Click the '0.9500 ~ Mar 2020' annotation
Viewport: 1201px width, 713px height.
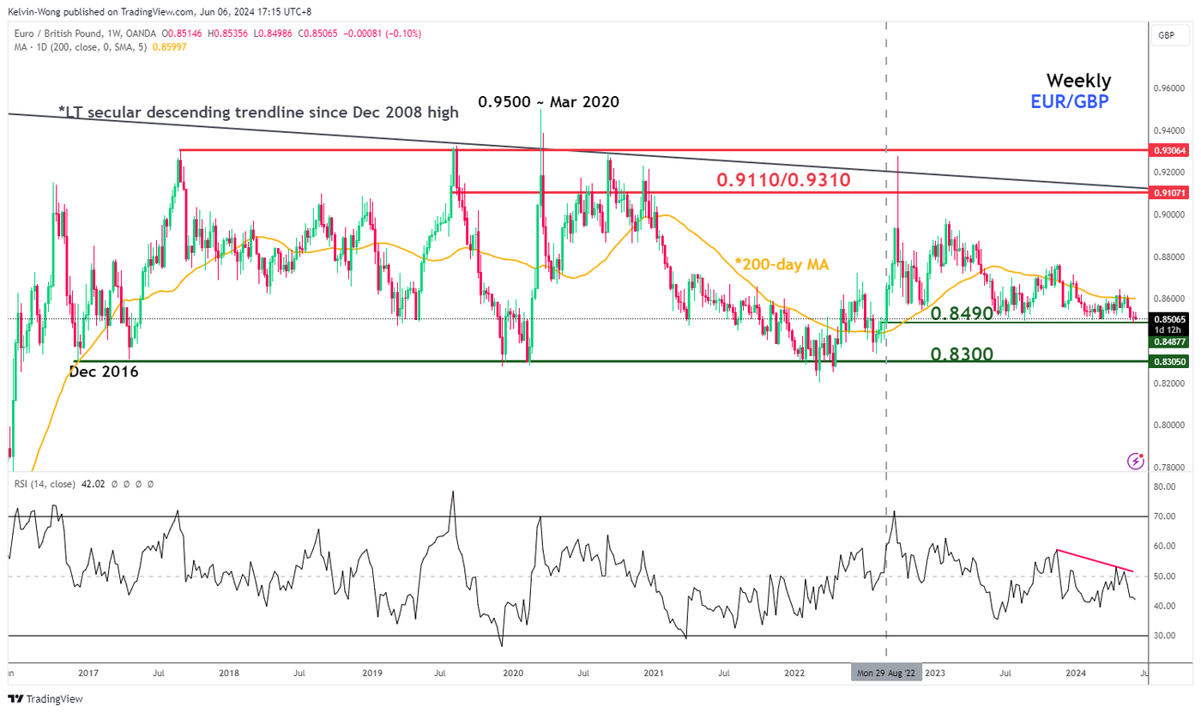click(x=548, y=101)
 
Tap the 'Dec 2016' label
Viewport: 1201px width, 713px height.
click(x=103, y=372)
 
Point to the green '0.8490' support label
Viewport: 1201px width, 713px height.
click(x=961, y=313)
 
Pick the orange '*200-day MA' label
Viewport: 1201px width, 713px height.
click(x=781, y=264)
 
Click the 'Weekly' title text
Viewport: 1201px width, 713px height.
click(x=1078, y=81)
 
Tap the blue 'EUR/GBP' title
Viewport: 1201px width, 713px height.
click(x=1069, y=102)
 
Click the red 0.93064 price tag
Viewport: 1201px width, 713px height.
click(x=1169, y=150)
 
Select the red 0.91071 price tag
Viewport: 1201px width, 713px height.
click(x=1169, y=193)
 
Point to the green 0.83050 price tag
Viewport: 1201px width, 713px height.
click(x=1169, y=362)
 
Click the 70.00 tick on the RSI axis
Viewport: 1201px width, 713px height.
click(x=1165, y=517)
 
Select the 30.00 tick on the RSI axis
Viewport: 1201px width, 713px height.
click(x=1165, y=636)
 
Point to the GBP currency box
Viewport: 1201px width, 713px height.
click(x=1166, y=35)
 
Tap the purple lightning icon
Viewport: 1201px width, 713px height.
click(x=1136, y=461)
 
